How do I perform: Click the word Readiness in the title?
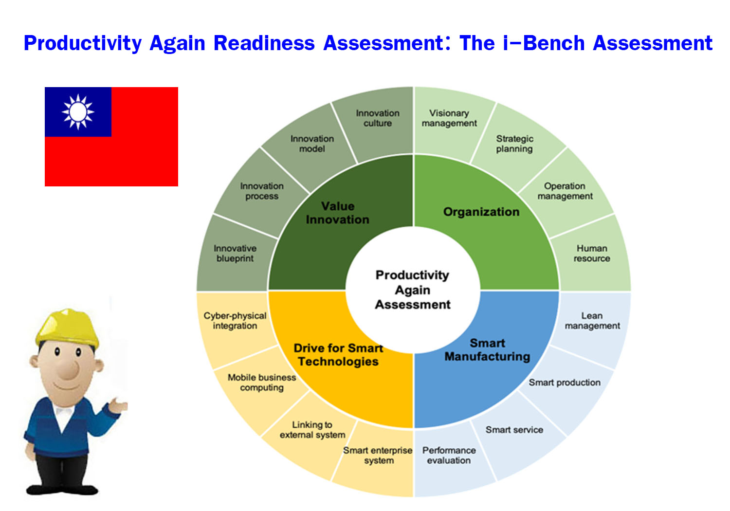[x=264, y=43]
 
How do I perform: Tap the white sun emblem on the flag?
[x=78, y=112]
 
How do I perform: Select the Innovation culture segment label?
[x=378, y=118]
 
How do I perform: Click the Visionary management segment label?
[x=449, y=118]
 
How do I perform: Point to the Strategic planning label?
[x=514, y=144]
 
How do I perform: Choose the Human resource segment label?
[x=592, y=253]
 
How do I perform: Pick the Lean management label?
[x=592, y=321]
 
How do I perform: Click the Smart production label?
[x=565, y=382]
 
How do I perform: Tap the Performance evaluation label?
[x=449, y=455]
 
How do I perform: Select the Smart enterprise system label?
[x=378, y=455]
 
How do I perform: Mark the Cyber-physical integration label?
[x=235, y=321]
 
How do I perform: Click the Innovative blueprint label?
[x=235, y=253]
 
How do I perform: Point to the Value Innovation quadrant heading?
[x=338, y=213]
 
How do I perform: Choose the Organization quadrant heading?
[x=481, y=212]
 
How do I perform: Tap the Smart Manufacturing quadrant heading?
[x=487, y=350]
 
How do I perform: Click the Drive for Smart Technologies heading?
[x=338, y=355]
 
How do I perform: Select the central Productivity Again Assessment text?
[x=413, y=290]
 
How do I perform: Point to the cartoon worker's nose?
[x=69, y=369]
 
